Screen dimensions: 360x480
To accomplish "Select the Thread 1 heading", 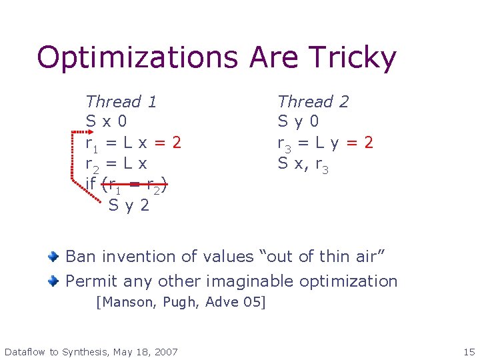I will [x=121, y=102].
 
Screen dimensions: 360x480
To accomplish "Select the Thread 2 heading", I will [x=313, y=102].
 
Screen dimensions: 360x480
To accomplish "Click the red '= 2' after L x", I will [x=167, y=143].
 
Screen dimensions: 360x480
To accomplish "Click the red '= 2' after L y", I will [x=359, y=143].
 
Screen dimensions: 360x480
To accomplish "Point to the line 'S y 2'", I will [x=129, y=205].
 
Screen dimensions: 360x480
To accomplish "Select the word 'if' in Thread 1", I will [x=92, y=184].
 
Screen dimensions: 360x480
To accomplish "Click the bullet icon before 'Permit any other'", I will [x=55, y=281].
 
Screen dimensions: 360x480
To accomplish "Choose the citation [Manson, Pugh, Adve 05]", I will [x=181, y=302].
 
